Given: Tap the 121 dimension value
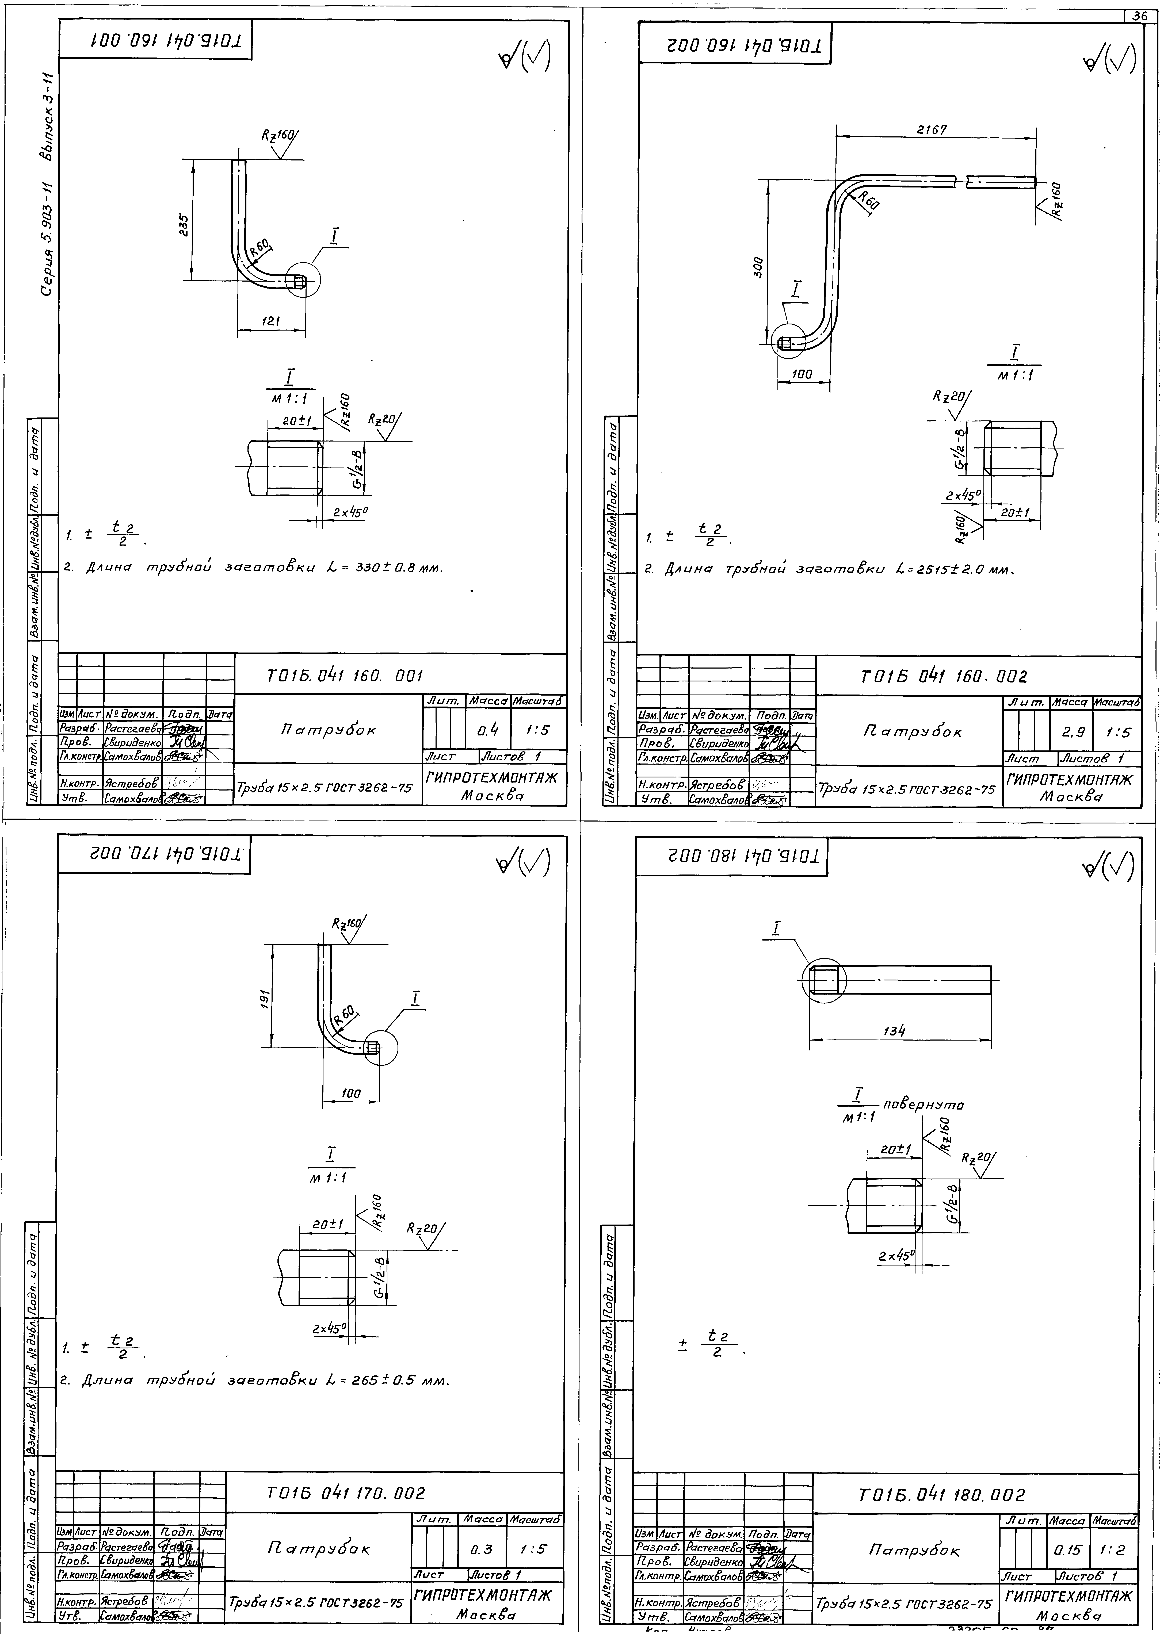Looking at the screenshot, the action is click(x=269, y=322).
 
